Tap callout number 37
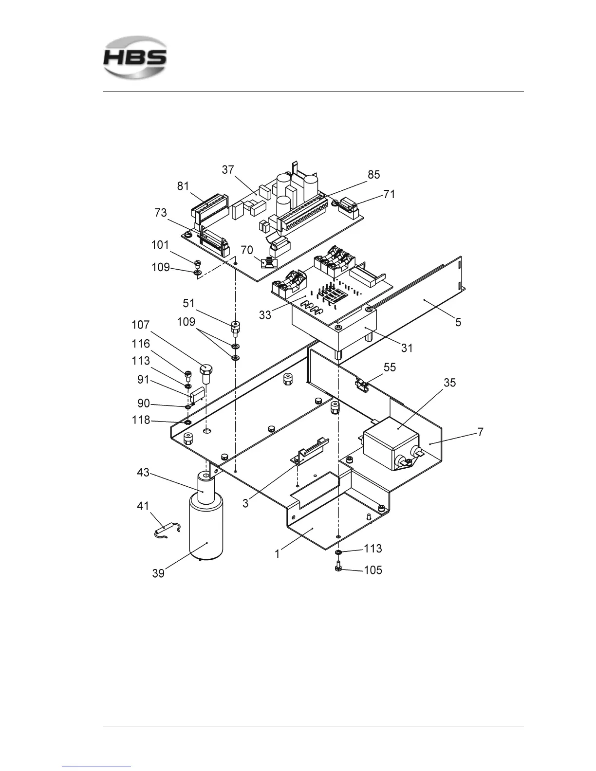coord(228,170)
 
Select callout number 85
coord(373,175)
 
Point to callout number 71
coord(389,194)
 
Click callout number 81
coord(183,186)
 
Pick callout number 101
coord(160,245)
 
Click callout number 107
coord(141,325)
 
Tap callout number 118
coord(141,420)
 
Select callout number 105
coord(373,570)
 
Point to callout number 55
coord(390,367)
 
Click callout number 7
coord(480,432)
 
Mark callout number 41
coord(143,506)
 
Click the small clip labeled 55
coord(361,385)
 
